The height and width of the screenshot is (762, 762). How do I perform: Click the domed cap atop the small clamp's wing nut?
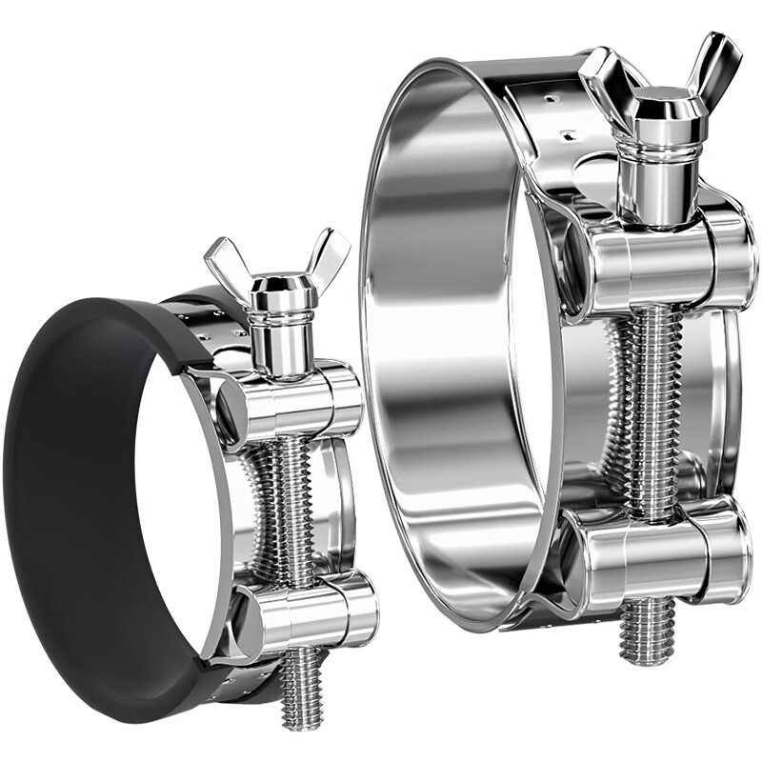(x=274, y=287)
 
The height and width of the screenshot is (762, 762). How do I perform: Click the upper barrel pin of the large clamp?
(x=657, y=263)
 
